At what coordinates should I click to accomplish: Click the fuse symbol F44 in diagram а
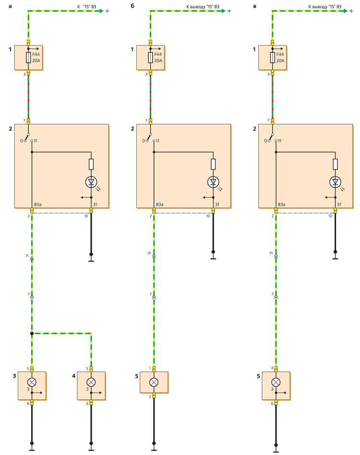pyautogui.click(x=28, y=58)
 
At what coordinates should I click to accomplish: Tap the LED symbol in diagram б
pyautogui.click(x=213, y=182)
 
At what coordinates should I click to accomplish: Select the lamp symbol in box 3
pyautogui.click(x=32, y=382)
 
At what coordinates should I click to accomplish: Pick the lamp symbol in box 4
pyautogui.click(x=91, y=382)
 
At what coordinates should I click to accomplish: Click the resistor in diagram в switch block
pyautogui.click(x=336, y=164)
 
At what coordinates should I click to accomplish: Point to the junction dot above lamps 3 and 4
pyautogui.click(x=32, y=334)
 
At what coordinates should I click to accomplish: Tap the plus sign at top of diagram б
pyautogui.click(x=229, y=11)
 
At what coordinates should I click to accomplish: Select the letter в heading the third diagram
pyautogui.click(x=255, y=6)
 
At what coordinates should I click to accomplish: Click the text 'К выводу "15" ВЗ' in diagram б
pyautogui.click(x=203, y=6)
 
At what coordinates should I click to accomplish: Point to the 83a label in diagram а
pyautogui.click(x=38, y=204)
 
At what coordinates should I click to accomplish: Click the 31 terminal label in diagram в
pyautogui.click(x=339, y=204)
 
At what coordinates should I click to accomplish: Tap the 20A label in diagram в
pyautogui.click(x=280, y=60)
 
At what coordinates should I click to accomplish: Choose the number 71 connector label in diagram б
pyautogui.click(x=149, y=253)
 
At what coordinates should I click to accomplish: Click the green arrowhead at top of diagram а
pyautogui.click(x=101, y=11)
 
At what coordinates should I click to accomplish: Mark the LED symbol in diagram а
pyautogui.click(x=91, y=182)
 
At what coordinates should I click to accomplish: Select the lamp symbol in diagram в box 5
pyautogui.click(x=276, y=382)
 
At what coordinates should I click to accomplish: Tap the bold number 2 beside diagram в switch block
pyautogui.click(x=254, y=129)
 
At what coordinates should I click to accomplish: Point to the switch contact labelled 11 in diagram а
pyautogui.click(x=32, y=141)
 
